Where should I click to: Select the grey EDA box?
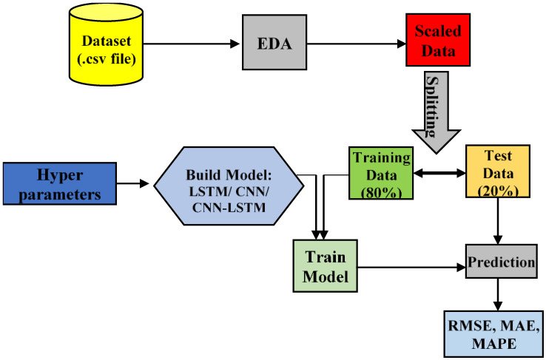point(274,43)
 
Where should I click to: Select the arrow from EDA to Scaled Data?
point(356,43)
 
